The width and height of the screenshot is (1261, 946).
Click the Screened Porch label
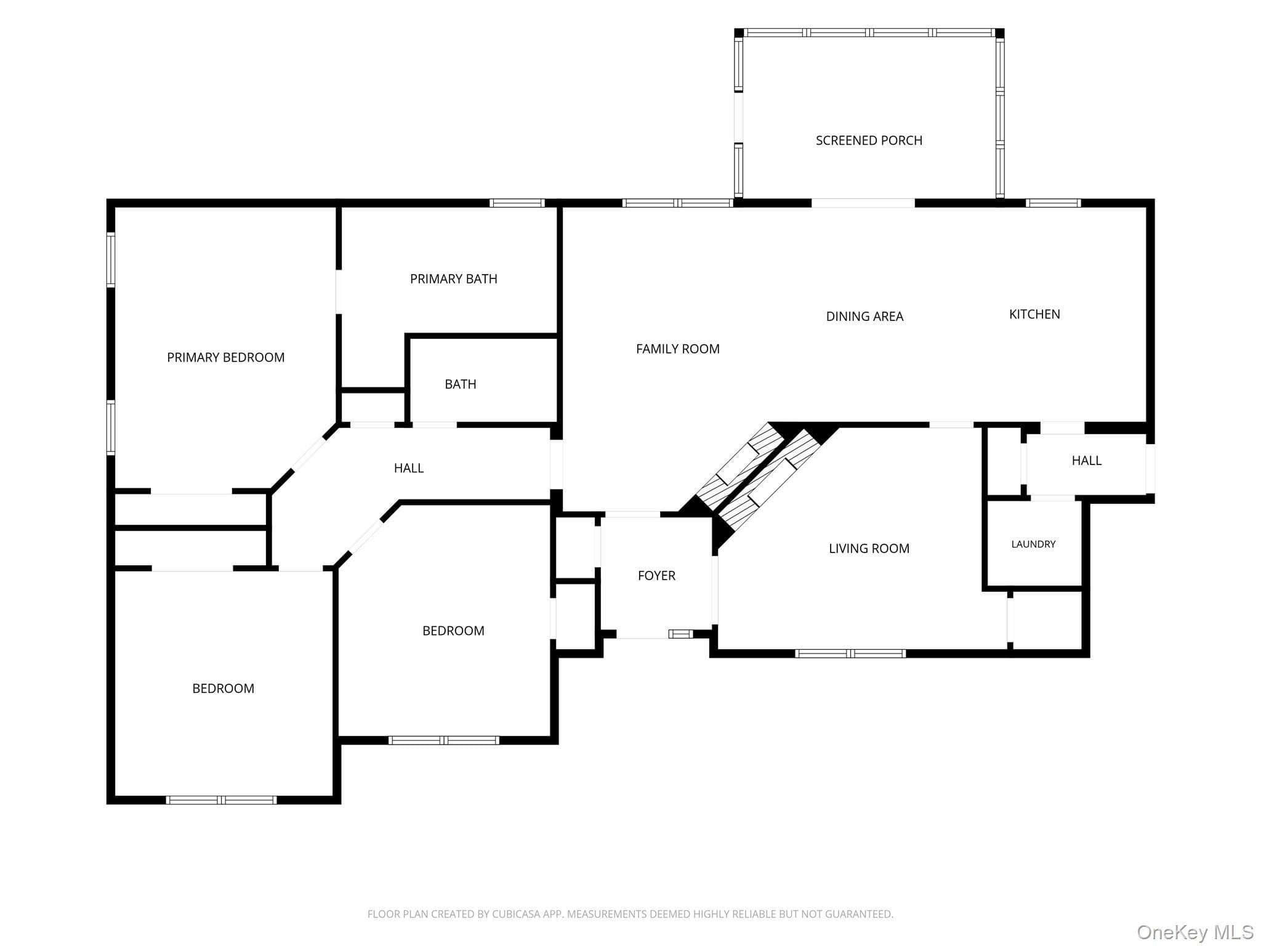tap(869, 140)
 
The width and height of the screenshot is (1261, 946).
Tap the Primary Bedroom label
tap(226, 357)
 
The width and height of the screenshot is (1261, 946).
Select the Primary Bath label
tap(454, 279)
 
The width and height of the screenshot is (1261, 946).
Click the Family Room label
tap(678, 349)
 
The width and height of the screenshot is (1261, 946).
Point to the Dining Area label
tap(864, 317)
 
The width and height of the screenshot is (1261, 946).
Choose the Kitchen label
tap(1034, 314)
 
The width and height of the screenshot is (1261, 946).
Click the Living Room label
tap(869, 548)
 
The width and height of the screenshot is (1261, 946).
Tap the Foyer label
tap(656, 575)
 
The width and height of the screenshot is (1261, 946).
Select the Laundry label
tap(1033, 544)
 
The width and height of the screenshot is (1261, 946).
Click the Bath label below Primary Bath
tap(461, 384)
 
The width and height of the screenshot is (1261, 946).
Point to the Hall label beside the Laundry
tap(1087, 460)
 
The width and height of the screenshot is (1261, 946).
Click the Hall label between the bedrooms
tap(409, 468)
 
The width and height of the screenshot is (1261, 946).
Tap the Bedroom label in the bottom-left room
tap(223, 689)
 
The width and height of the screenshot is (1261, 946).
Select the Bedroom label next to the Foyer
tap(453, 631)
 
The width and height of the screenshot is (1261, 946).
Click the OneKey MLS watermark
tap(1195, 932)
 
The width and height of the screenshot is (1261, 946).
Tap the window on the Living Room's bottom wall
tap(850, 653)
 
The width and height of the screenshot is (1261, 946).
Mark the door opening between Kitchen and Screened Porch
tap(863, 203)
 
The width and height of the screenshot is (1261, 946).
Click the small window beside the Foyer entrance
tap(681, 634)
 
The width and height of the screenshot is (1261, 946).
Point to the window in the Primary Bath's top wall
tap(517, 203)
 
